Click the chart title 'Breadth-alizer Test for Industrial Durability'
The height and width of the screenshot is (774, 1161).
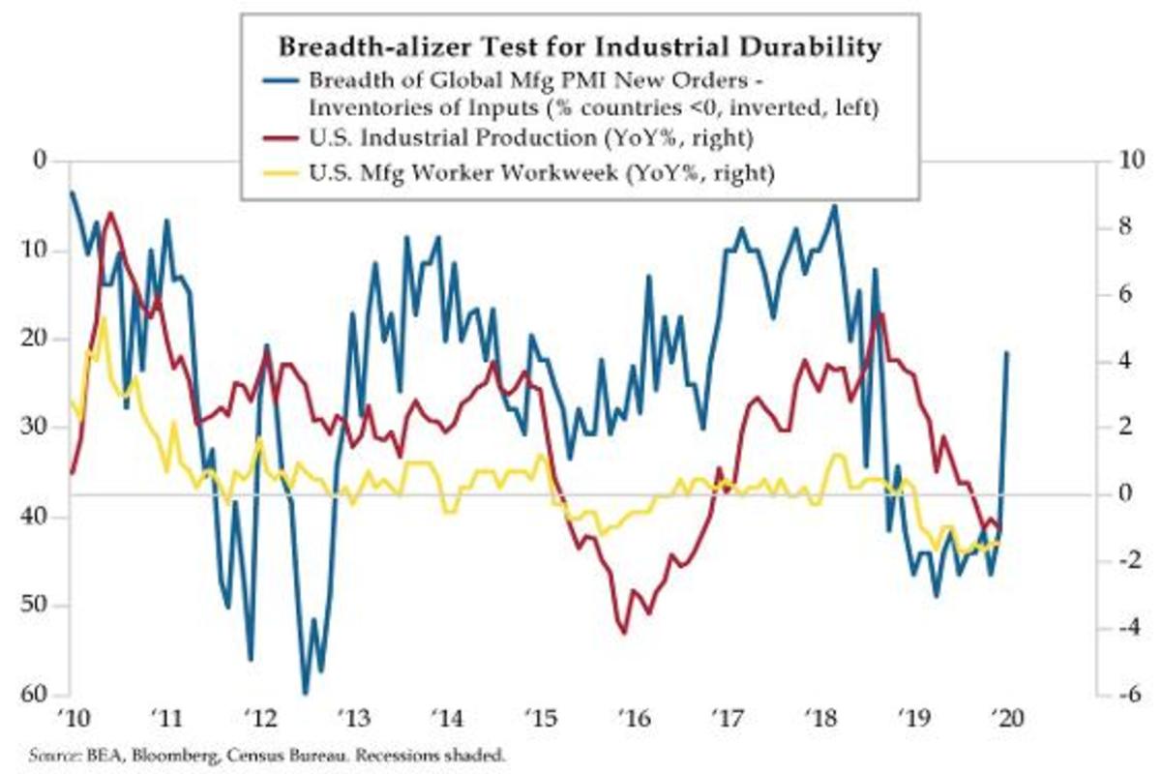[580, 46]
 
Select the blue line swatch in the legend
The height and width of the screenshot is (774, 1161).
[279, 79]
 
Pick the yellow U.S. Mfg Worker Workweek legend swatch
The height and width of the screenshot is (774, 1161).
[279, 174]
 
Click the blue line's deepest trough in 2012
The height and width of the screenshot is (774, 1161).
[306, 693]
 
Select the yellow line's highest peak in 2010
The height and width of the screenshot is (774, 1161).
[104, 318]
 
